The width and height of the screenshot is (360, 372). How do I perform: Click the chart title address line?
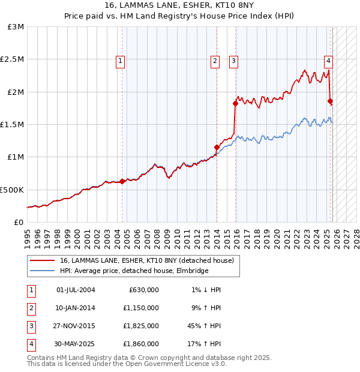click(x=179, y=6)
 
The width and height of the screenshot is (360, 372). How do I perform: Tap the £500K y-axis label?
click(x=13, y=190)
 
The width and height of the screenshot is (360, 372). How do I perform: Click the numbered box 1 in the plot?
click(x=121, y=60)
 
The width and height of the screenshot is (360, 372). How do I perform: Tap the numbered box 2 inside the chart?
click(x=215, y=60)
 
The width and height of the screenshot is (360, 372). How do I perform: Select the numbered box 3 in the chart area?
click(x=233, y=60)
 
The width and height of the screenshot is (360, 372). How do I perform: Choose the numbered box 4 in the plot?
click(x=329, y=60)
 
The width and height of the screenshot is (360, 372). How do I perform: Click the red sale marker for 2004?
click(x=122, y=181)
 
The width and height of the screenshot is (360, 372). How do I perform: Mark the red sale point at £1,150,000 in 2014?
click(x=217, y=147)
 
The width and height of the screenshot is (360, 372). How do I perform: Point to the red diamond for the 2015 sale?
click(x=235, y=103)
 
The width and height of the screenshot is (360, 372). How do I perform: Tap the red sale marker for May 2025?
click(x=330, y=101)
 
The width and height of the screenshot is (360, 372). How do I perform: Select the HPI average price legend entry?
click(x=133, y=271)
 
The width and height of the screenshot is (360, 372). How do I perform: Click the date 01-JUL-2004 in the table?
click(x=76, y=290)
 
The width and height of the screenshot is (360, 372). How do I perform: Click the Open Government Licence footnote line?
click(x=127, y=364)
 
